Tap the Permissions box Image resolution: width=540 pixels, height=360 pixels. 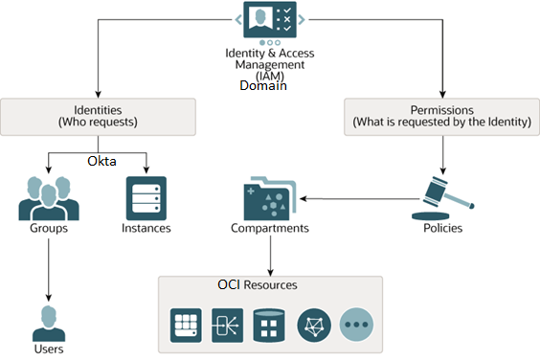tap(441, 116)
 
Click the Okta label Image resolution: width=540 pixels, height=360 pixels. tap(101, 161)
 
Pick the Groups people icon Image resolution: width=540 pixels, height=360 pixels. tap(48, 198)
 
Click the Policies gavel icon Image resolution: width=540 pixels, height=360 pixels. tap(443, 196)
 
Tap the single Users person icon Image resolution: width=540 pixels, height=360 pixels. tap(49, 322)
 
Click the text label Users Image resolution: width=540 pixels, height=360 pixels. tap(48, 349)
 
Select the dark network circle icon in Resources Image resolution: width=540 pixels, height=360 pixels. tap(314, 325)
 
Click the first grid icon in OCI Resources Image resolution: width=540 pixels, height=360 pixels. tap(186, 325)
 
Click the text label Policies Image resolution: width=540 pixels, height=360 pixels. tap(444, 229)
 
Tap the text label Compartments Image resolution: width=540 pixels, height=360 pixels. tap(270, 229)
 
